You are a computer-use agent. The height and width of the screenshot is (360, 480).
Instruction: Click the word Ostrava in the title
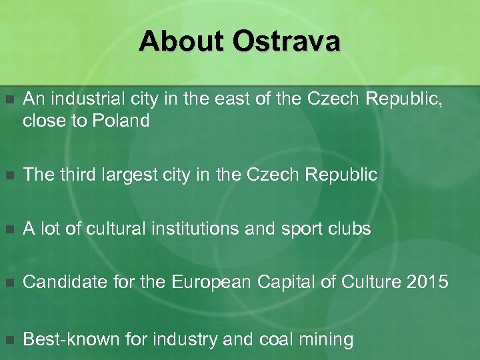tap(287, 42)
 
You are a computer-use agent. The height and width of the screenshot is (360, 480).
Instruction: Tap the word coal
tap(277, 339)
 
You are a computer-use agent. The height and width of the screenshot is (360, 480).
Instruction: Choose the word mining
tap(327, 340)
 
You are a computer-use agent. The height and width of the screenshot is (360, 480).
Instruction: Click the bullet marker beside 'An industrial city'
tap(9, 101)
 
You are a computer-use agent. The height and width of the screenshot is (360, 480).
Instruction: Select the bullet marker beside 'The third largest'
tap(9, 176)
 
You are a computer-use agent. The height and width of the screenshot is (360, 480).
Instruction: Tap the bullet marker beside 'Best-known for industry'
tap(9, 340)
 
